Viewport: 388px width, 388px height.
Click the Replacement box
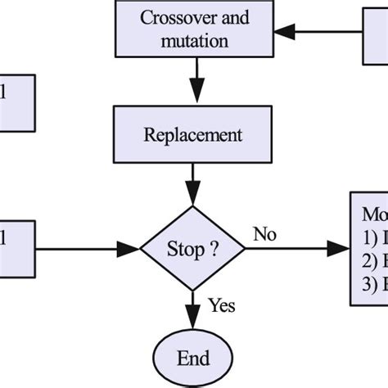193,133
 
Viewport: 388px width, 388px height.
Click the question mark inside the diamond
214,249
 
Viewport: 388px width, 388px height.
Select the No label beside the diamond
264,234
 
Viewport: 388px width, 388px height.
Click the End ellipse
193,359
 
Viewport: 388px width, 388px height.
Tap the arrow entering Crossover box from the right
319,33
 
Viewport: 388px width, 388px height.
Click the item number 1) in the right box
371,240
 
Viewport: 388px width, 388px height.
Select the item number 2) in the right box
371,262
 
